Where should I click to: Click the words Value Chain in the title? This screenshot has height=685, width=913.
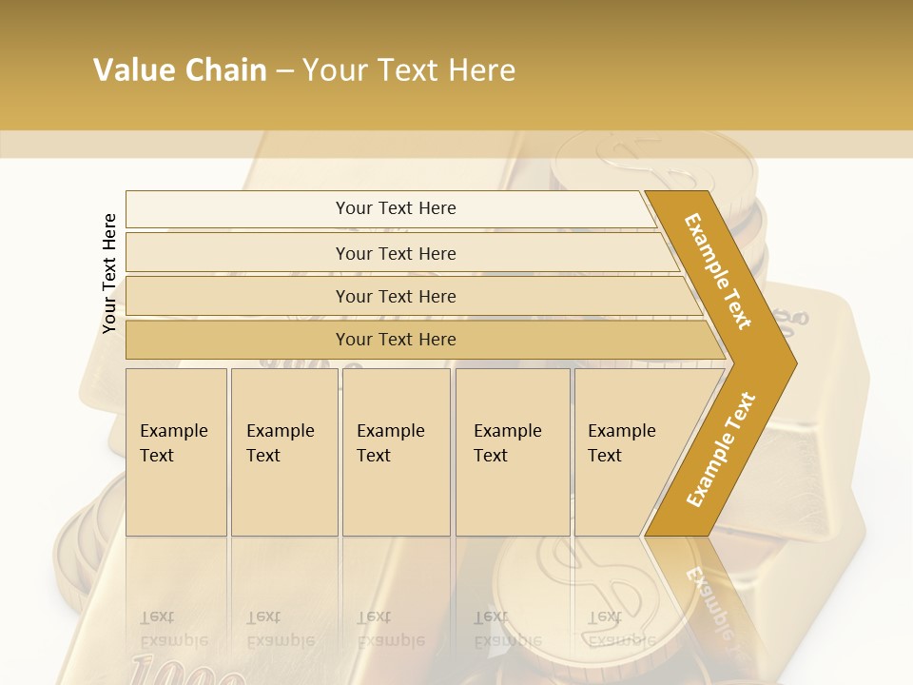click(180, 70)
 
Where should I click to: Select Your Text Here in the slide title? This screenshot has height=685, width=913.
click(409, 70)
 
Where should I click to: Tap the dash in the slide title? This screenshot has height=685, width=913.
click(284, 71)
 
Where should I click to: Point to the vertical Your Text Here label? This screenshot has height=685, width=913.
click(109, 273)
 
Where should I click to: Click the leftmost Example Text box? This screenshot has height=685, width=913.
click(176, 452)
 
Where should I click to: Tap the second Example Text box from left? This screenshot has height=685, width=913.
click(283, 452)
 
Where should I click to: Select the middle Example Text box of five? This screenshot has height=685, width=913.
click(396, 452)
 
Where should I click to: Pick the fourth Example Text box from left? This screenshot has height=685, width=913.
click(513, 452)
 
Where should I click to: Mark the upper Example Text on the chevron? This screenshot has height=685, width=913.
click(718, 271)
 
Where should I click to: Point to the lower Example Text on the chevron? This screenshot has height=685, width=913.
click(721, 449)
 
